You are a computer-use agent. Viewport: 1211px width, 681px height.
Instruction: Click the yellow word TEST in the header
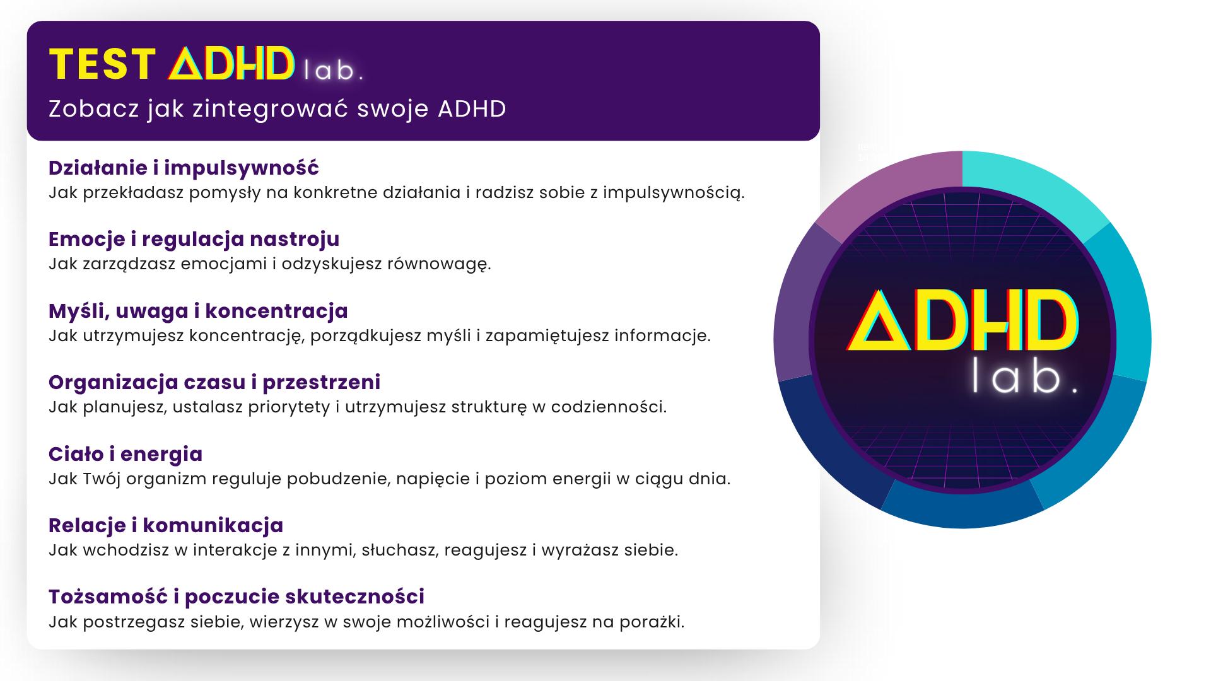(102, 65)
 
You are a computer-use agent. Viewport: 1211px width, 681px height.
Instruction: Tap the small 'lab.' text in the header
(333, 70)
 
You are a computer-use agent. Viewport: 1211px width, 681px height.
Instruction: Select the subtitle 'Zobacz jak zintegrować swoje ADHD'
(278, 109)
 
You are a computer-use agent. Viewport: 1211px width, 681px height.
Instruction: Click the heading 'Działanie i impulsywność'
(184, 168)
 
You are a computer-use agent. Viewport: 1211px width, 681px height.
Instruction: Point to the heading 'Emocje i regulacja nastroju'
(194, 240)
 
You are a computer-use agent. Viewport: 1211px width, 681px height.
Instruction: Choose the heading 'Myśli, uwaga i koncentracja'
(199, 311)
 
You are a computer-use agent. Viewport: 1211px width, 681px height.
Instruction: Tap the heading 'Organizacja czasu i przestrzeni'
(214, 382)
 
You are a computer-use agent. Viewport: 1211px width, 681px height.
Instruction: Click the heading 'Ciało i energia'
(126, 454)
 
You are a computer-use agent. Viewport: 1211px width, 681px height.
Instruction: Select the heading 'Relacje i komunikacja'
(167, 525)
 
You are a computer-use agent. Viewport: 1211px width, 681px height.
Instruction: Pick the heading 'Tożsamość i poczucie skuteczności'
(237, 597)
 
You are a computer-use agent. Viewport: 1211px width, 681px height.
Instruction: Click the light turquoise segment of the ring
(1034, 186)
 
